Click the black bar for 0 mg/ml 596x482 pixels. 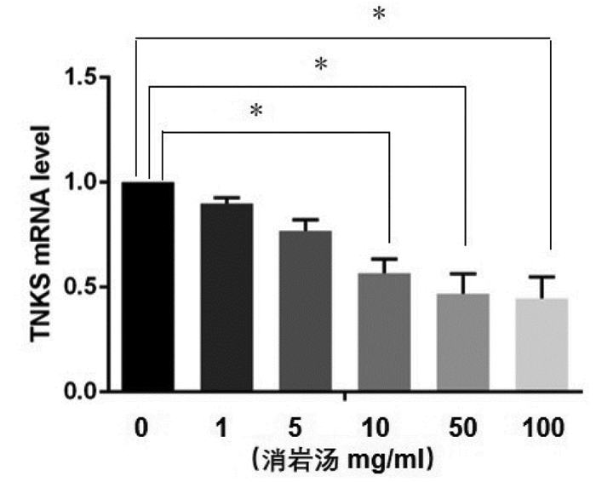(148, 286)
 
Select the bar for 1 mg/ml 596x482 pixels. (227, 297)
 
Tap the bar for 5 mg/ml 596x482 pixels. (306, 311)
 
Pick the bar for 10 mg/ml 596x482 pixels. (384, 332)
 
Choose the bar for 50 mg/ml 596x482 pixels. (463, 342)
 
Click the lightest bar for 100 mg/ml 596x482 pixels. (542, 344)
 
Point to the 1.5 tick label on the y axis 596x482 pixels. (81, 77)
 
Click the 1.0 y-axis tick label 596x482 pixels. (81, 182)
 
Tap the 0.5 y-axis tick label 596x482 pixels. (81, 287)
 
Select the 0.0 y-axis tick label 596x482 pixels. (81, 392)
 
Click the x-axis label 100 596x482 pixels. (543, 427)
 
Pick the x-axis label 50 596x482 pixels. (463, 427)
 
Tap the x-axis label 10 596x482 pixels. (376, 427)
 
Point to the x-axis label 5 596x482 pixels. (295, 427)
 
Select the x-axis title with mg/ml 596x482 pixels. (342, 460)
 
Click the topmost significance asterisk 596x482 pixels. (379, 14)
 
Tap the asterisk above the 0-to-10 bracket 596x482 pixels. (256, 111)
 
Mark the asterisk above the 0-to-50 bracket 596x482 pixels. (321, 64)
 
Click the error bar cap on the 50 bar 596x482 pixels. (463, 273)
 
